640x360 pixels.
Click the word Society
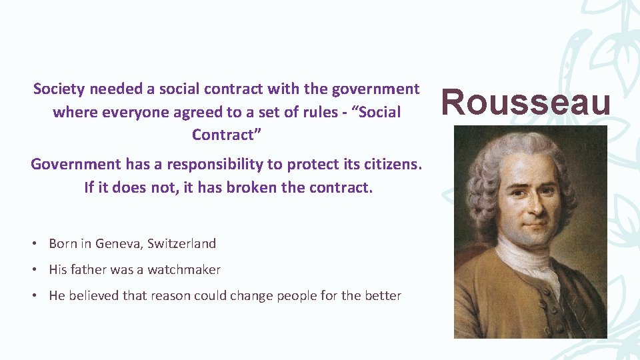click(x=59, y=89)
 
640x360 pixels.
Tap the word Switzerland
click(x=181, y=243)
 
